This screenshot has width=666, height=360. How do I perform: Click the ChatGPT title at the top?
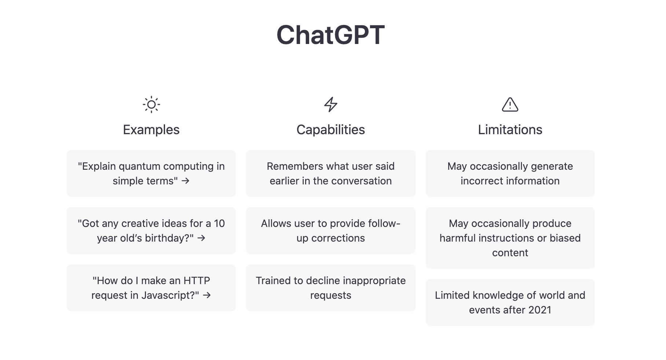pos(330,35)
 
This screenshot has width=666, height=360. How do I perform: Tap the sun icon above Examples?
pos(151,105)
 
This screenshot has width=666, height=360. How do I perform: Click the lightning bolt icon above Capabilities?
pos(331,105)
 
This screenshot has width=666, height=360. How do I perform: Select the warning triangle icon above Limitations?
pos(510,105)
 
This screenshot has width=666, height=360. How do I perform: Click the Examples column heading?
pos(151,130)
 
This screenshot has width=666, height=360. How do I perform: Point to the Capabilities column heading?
pos(331,130)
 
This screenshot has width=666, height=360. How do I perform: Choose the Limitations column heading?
pos(510,130)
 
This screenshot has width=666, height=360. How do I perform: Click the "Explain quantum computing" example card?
pos(151,173)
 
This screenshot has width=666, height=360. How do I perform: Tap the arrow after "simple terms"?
pos(186,181)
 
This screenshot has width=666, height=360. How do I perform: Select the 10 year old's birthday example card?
pos(151,231)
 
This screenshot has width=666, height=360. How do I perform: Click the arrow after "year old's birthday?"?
pos(201,238)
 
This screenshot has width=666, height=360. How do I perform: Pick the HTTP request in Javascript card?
pos(151,288)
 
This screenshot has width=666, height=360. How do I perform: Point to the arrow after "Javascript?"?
pos(207,295)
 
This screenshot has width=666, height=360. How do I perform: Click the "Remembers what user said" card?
pos(331,173)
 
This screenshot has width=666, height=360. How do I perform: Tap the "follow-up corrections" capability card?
pos(331,231)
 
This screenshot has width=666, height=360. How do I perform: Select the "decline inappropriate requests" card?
pos(331,288)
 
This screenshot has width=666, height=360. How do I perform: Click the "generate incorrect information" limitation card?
pos(510,173)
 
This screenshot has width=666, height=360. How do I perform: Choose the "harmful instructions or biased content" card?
pos(510,238)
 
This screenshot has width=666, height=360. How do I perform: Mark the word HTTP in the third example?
pos(197,281)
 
